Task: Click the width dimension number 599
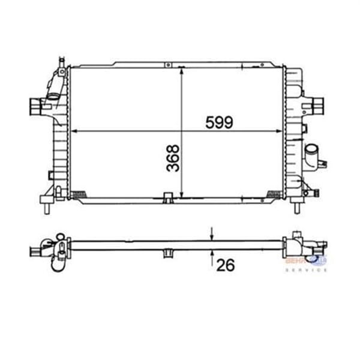(218, 122)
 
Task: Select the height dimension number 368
(173, 157)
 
